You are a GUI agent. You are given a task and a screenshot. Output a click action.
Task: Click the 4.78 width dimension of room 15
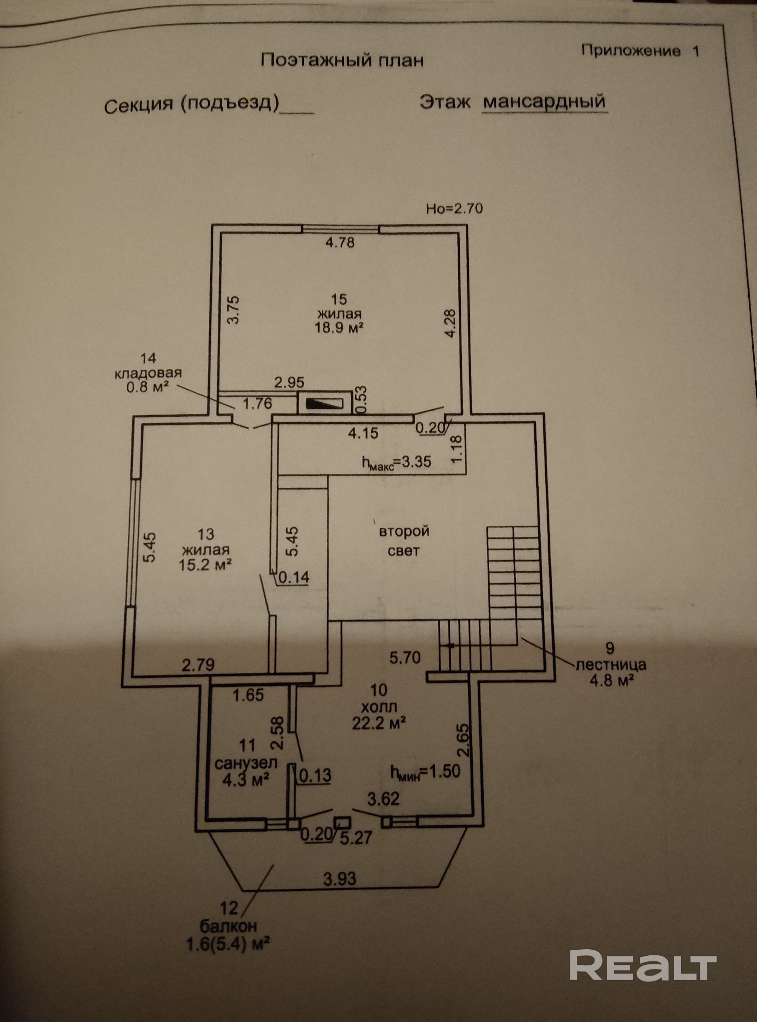[340, 242]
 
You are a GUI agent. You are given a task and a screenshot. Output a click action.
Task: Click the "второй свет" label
[404, 541]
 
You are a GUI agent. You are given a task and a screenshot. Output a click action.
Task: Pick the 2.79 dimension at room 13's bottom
[198, 665]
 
